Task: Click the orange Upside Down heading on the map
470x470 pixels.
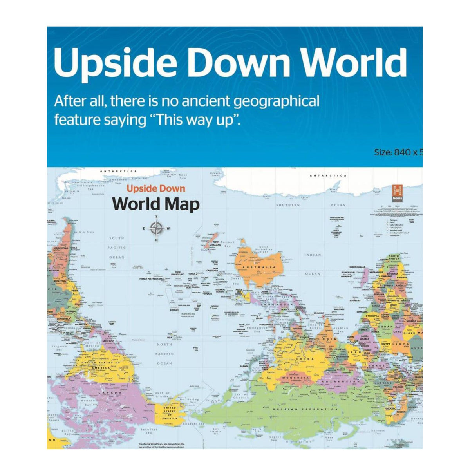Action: point(155,189)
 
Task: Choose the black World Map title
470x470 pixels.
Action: point(156,204)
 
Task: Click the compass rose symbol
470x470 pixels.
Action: point(156,228)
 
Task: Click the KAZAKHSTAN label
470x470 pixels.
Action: point(340,381)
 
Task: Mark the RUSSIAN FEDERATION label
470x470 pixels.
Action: point(305,409)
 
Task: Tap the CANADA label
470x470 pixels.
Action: point(107,392)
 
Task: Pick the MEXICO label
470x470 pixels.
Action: point(108,341)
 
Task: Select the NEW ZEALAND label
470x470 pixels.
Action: point(215,243)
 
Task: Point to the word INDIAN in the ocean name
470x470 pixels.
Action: point(312,255)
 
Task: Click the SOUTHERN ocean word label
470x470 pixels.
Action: point(288,205)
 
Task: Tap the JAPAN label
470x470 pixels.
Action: point(244,366)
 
